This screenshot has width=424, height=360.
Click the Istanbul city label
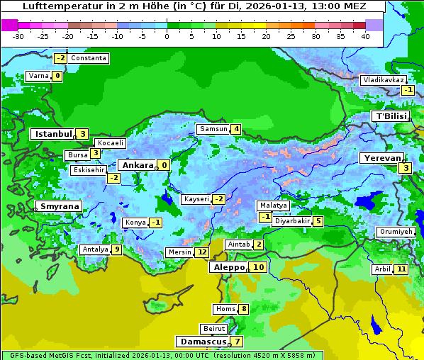coord(53,133)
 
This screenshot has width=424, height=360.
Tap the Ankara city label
coord(137,165)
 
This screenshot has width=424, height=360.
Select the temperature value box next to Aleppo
coord(258,267)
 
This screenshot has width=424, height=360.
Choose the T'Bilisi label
coord(391,116)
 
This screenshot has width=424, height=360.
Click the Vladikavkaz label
coord(383,80)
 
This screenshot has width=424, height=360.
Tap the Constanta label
coord(89,58)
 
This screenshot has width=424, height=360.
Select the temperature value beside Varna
coord(57,76)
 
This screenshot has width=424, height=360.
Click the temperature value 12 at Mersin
coord(202,252)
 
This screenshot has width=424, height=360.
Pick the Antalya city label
coord(95,249)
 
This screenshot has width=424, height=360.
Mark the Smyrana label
coord(59,206)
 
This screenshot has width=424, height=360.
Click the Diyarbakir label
coord(292,221)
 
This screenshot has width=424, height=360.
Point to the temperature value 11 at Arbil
coord(401,269)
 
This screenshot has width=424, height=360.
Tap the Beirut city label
coord(214,329)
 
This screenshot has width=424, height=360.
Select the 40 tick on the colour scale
coord(365,36)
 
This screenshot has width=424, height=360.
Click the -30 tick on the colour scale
coord(18,36)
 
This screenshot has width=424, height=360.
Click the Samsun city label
coord(213,129)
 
